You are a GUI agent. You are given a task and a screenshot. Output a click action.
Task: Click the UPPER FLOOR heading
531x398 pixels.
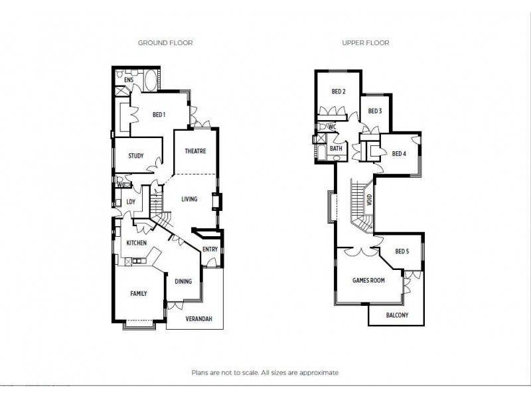pyautogui.click(x=365, y=42)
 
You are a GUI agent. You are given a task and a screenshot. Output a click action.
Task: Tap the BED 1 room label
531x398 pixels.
pyautogui.click(x=159, y=115)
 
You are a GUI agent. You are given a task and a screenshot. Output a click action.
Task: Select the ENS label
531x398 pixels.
pyautogui.click(x=129, y=80)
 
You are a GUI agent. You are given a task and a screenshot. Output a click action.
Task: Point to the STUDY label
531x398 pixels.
pyautogui.click(x=136, y=156)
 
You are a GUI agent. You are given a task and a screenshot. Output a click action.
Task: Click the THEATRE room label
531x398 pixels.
pyautogui.click(x=195, y=151)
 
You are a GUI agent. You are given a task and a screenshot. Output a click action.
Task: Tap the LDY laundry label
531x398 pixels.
pyautogui.click(x=131, y=202)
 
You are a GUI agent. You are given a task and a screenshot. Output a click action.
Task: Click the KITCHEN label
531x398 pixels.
pyautogui.click(x=137, y=243)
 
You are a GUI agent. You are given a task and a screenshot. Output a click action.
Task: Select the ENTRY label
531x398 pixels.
pyautogui.click(x=210, y=249)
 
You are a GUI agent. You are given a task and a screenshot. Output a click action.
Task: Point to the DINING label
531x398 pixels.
pyautogui.click(x=183, y=281)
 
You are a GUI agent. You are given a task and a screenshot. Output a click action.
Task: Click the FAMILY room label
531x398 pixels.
pyautogui.click(x=138, y=293)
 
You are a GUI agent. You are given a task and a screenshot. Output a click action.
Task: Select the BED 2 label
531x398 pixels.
pyautogui.click(x=339, y=92)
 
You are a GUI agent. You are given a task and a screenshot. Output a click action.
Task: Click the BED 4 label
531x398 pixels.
pyautogui.click(x=398, y=154)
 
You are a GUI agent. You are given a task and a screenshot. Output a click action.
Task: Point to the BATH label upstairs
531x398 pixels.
pyautogui.click(x=337, y=149)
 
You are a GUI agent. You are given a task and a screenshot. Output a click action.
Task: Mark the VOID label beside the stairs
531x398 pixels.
pyautogui.click(x=369, y=198)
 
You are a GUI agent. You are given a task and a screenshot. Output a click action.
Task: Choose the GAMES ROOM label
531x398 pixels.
pyautogui.click(x=368, y=281)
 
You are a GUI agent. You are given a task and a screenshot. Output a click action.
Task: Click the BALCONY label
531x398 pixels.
pyautogui.click(x=397, y=315)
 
